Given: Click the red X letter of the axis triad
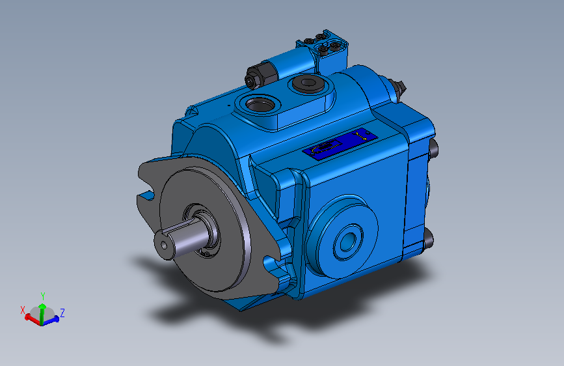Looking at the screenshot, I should tap(23, 310).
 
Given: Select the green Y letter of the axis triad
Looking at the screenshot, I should tap(43, 296).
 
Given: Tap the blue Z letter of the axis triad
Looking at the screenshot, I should tap(62, 313).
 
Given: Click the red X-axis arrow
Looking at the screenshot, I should tap(31, 317).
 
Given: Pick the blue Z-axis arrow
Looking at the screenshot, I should tap(53, 318).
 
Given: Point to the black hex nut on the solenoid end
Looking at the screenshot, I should tap(250, 80).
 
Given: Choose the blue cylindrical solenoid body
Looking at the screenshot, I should tap(273, 68).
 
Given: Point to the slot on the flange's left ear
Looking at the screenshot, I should tap(145, 195).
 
